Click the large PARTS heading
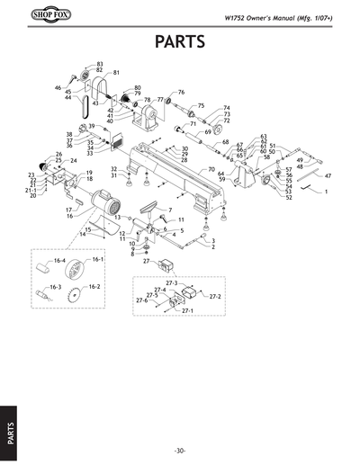click(x=180, y=42)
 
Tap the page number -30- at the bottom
click(x=180, y=450)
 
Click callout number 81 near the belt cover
click(x=116, y=72)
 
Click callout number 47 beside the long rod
click(x=328, y=175)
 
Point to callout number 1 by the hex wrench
click(x=326, y=192)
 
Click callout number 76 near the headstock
click(x=181, y=93)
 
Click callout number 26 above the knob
click(x=59, y=155)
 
